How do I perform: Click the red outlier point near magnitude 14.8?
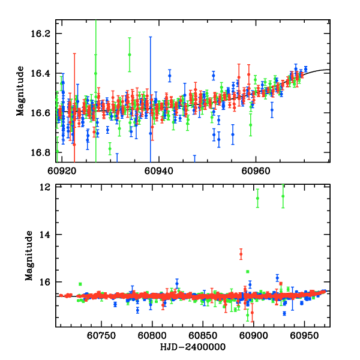point(241,254)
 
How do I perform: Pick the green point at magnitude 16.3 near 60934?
point(129,55)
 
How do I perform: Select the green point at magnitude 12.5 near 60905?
point(257,198)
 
